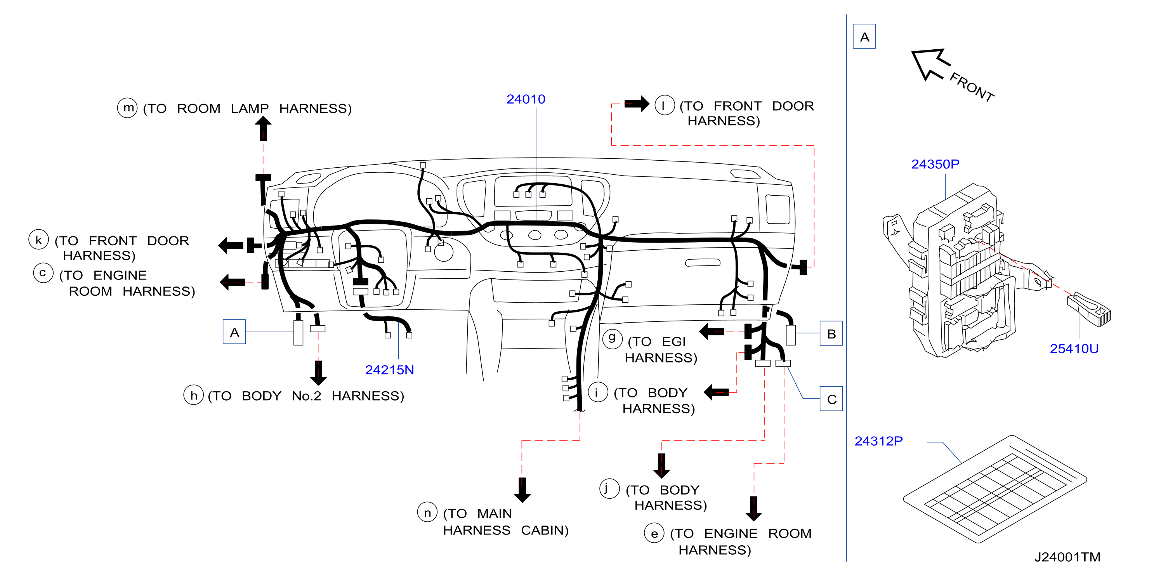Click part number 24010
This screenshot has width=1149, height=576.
point(526,99)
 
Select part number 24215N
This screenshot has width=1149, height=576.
point(389,370)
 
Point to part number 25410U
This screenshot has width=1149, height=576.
point(1074,349)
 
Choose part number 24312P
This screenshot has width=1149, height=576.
point(878,441)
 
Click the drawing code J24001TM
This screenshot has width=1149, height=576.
point(1067,557)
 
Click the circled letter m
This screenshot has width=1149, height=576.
point(128,108)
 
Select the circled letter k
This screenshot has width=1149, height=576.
point(39,239)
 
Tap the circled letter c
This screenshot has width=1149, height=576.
point(43,272)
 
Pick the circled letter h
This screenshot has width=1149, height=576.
point(194,395)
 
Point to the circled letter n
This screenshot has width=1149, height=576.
point(427,512)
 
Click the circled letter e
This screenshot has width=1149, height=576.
point(654,533)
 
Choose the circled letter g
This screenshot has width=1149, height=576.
point(613,338)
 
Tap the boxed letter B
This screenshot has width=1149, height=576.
point(831,333)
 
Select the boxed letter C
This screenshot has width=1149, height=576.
point(831,399)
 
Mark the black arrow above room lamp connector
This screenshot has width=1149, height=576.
point(263,128)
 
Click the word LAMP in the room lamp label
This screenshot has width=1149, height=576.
point(250,108)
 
